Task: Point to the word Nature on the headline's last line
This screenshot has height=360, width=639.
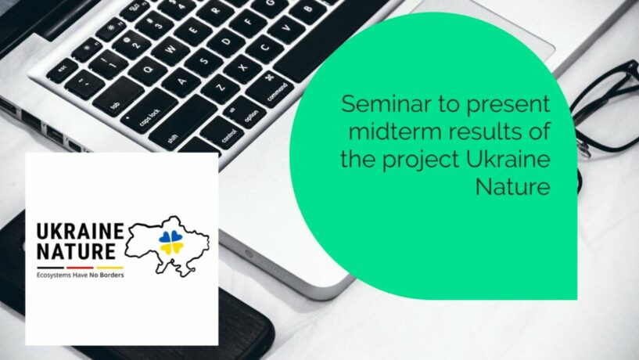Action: pyautogui.click(x=512, y=187)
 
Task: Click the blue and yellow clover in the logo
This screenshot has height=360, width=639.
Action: pyautogui.click(x=171, y=242)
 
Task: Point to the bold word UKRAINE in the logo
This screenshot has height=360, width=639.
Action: pyautogui.click(x=80, y=232)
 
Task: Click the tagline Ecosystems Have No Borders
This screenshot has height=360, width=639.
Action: pyautogui.click(x=80, y=275)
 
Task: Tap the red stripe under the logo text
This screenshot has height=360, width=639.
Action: pyautogui.click(x=80, y=268)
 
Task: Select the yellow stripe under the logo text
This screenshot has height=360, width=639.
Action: pyautogui.click(x=109, y=268)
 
